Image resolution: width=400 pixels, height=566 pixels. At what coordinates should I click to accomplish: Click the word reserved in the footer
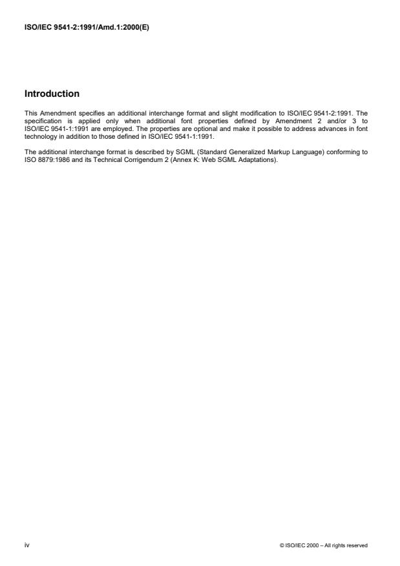[x=358, y=545]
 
